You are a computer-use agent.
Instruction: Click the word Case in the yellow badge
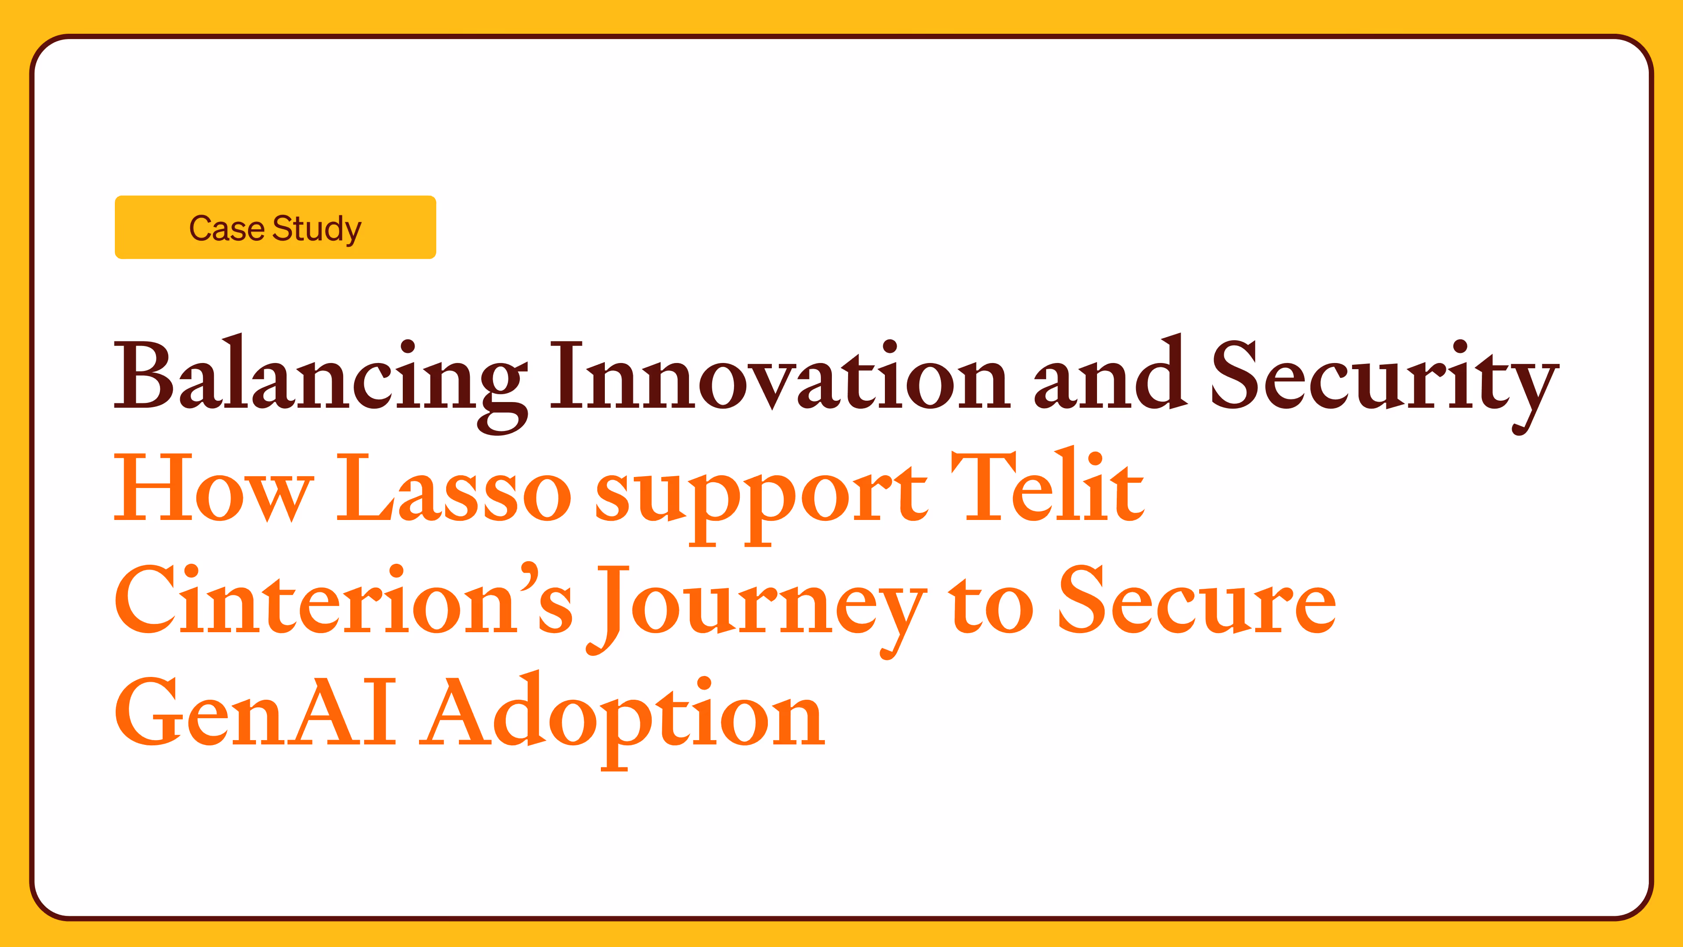(227, 229)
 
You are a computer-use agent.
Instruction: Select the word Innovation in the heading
(781, 376)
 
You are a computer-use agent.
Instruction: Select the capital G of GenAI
(147, 712)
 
